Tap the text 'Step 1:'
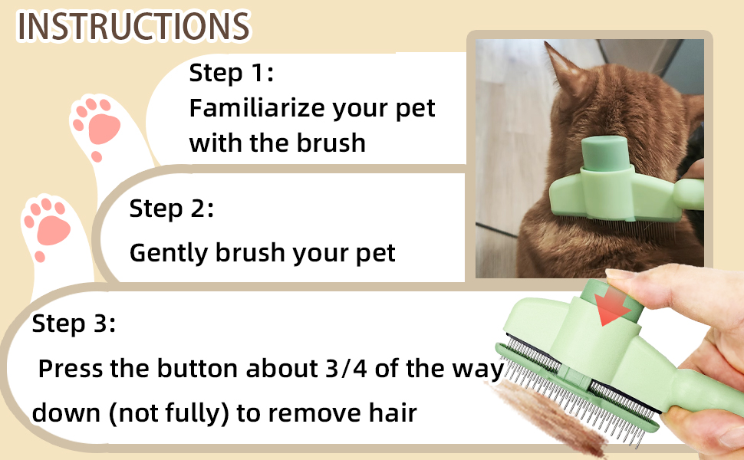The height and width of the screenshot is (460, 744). pyautogui.click(x=231, y=73)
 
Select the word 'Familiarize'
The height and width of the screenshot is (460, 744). pyautogui.click(x=257, y=107)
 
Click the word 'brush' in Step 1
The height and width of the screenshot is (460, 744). pyautogui.click(x=331, y=143)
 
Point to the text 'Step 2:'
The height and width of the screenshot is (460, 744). pyautogui.click(x=171, y=209)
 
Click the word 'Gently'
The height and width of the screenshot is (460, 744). pyautogui.click(x=169, y=253)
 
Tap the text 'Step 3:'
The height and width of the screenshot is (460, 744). pyautogui.click(x=74, y=324)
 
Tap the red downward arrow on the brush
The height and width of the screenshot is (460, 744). pyautogui.click(x=611, y=306)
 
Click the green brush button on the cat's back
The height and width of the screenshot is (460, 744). pyautogui.click(x=606, y=153)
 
